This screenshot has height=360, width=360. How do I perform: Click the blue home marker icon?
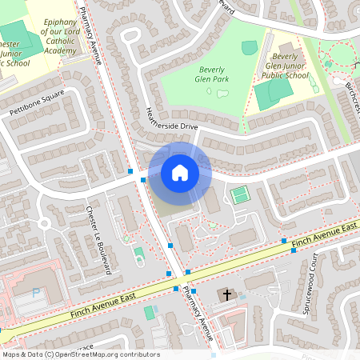(x=179, y=173)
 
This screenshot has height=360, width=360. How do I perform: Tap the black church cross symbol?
(x=226, y=295)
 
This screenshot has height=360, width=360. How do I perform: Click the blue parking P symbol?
(x=35, y=294)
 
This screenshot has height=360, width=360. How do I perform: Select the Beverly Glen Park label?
(x=214, y=74)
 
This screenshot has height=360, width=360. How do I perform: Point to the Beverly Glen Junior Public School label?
(x=290, y=66)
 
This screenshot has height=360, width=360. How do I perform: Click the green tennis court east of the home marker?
(x=239, y=194)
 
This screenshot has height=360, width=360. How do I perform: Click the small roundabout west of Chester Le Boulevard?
(x=44, y=223)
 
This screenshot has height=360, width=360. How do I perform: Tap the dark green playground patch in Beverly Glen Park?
(x=250, y=48)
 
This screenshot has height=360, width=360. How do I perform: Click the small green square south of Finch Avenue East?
(x=149, y=312)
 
